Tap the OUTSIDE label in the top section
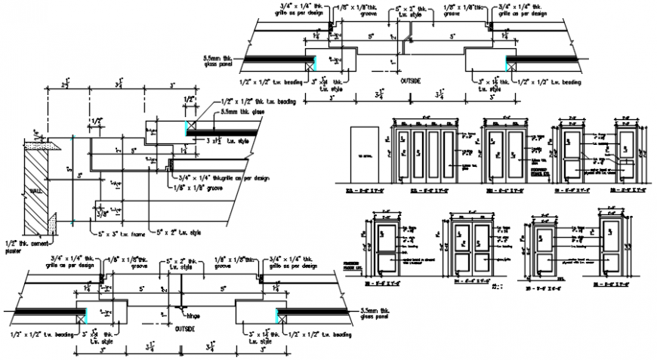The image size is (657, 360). click(x=412, y=80)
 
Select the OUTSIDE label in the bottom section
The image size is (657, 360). click(x=185, y=330)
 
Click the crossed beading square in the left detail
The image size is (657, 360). click(x=191, y=127)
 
